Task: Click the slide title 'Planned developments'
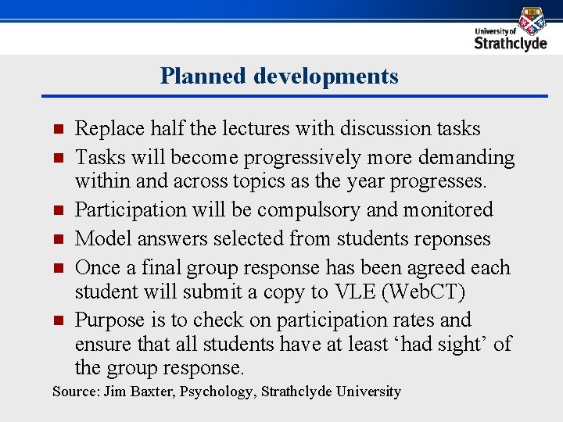pyautogui.click(x=279, y=77)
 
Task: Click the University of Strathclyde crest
pyautogui.click(x=532, y=20)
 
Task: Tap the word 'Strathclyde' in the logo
pyautogui.click(x=511, y=43)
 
